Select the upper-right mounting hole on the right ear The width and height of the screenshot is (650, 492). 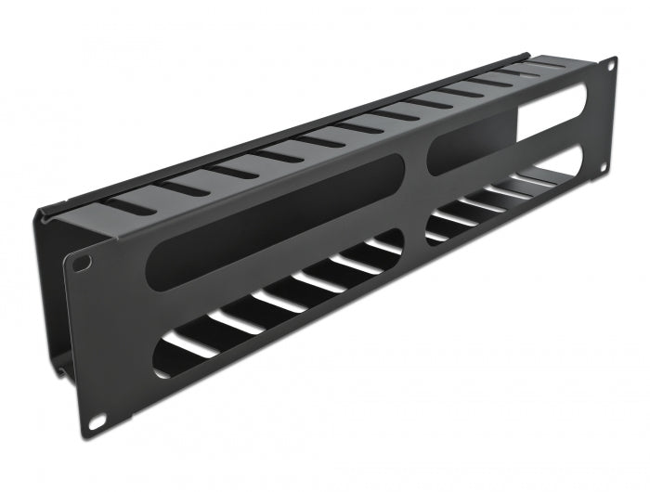tap(609, 66)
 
